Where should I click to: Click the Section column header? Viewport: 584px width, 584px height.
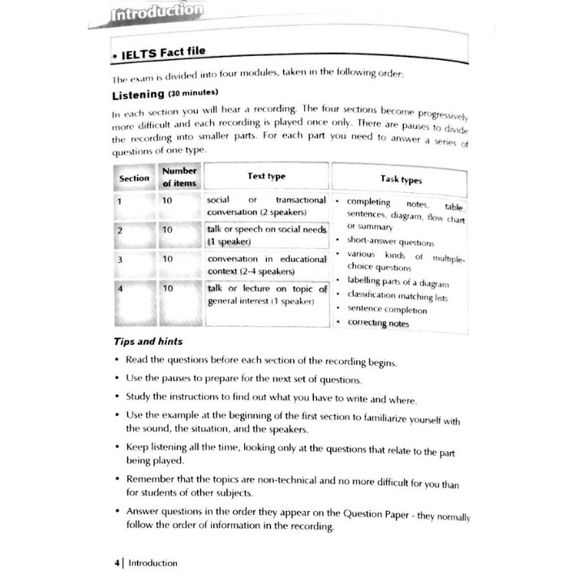(x=135, y=178)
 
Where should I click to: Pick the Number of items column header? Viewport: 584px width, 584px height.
(x=179, y=177)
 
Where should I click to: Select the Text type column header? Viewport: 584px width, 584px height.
(x=266, y=176)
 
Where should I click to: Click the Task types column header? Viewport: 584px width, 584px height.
(x=401, y=179)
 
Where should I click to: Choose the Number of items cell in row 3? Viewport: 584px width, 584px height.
(x=167, y=259)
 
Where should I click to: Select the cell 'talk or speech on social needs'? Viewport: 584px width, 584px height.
(x=266, y=235)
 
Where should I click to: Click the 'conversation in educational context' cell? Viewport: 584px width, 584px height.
(x=266, y=264)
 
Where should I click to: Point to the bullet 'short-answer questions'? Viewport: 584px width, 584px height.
(x=390, y=242)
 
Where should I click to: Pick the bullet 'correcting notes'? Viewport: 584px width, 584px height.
(x=378, y=323)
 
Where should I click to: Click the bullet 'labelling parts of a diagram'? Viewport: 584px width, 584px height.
(x=397, y=282)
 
